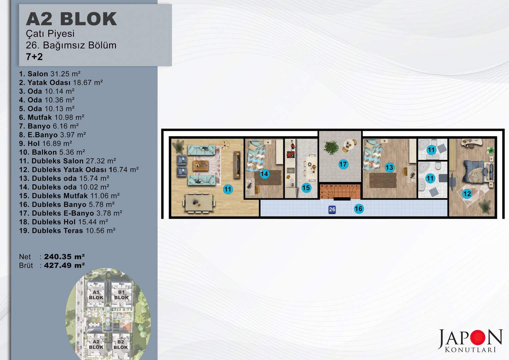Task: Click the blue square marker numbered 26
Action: [x=332, y=209]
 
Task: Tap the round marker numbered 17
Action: [x=343, y=164]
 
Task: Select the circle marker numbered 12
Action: [x=467, y=194]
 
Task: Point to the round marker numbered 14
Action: [x=264, y=174]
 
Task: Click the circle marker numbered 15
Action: [x=306, y=188]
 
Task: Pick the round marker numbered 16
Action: [x=359, y=209]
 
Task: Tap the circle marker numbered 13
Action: [x=389, y=167]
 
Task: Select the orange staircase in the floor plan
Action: [x=340, y=192]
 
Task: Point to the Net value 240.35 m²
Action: [x=64, y=257]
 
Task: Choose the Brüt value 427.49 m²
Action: [x=64, y=265]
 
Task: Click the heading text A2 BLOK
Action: [x=71, y=19]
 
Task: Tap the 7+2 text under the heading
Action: [x=34, y=57]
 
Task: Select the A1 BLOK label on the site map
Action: [x=96, y=295]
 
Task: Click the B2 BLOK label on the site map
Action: [x=121, y=344]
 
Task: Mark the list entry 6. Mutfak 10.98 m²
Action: [x=52, y=117]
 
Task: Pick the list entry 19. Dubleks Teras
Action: [x=67, y=230]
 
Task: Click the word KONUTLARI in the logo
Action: [x=470, y=349]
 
